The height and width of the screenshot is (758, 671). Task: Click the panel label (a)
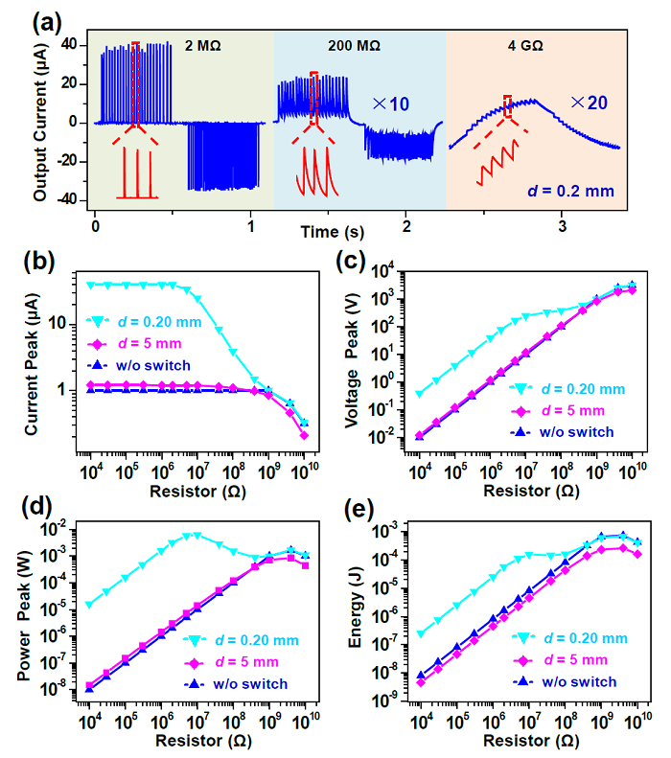[x=47, y=23]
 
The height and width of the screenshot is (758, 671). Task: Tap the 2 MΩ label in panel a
[x=202, y=46]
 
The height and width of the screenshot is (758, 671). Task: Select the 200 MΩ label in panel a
[x=354, y=46]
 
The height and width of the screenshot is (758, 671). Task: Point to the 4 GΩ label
[x=525, y=46]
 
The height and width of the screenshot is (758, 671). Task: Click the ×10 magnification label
[x=390, y=103]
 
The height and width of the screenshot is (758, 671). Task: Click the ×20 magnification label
[x=589, y=103]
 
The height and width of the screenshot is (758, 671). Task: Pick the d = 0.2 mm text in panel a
[x=570, y=191]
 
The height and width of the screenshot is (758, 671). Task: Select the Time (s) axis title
[x=332, y=232]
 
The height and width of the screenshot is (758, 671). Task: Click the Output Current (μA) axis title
[x=39, y=123]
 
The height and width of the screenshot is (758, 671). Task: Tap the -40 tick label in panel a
[x=67, y=199]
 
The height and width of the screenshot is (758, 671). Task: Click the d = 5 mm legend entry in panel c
[x=558, y=411]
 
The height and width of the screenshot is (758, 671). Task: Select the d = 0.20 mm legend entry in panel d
[x=241, y=640]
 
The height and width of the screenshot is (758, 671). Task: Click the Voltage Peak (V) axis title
[x=352, y=360]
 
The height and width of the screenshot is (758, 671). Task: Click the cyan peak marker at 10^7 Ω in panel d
[x=197, y=536]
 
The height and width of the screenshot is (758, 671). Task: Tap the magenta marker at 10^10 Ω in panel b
[x=304, y=436]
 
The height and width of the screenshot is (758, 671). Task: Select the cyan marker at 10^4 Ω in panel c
[x=420, y=395]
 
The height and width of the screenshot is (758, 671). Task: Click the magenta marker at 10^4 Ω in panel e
[x=421, y=682]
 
